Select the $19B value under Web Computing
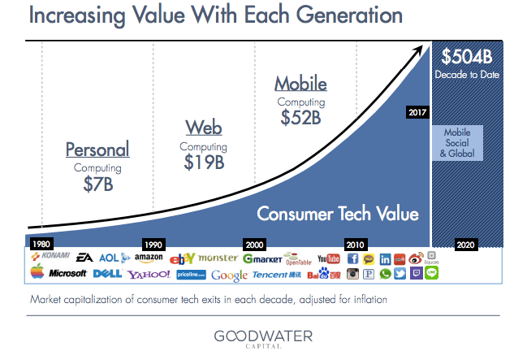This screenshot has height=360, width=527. (203, 162)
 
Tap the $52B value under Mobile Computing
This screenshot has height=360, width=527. (300, 117)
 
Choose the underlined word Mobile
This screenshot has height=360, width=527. (300, 83)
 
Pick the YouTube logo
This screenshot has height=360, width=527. (328, 258)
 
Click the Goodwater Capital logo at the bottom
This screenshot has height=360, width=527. (264, 337)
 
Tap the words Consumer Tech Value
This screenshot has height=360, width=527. (338, 215)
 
